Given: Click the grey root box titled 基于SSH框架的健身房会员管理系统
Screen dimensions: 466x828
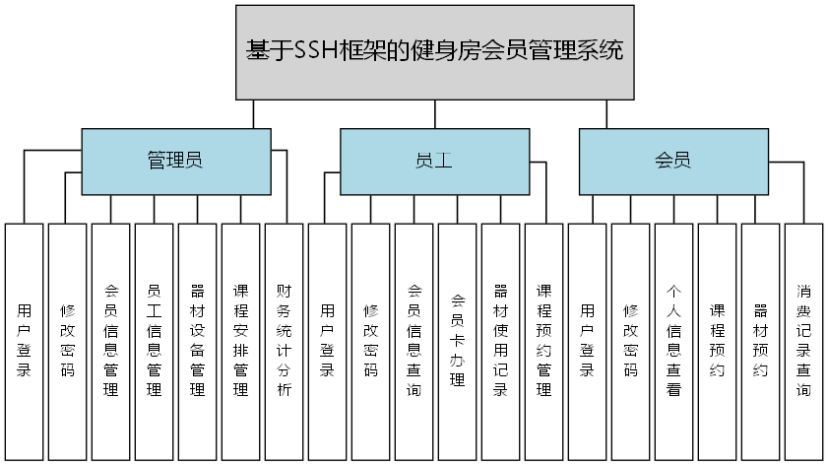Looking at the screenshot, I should [434, 52].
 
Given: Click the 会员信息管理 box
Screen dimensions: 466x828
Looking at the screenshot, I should [110, 341].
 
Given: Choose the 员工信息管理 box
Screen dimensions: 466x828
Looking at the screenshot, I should [154, 341].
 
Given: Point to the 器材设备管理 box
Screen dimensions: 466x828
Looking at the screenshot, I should [197, 341].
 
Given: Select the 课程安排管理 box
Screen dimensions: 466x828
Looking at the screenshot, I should [240, 341].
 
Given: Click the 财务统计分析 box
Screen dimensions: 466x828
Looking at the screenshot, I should [284, 341].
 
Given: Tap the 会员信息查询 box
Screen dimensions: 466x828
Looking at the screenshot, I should [414, 341].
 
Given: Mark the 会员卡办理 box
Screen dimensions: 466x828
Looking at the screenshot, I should [457, 341].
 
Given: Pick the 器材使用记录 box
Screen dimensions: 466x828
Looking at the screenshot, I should [500, 341].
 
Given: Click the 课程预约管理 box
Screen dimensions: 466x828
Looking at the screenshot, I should [543, 341].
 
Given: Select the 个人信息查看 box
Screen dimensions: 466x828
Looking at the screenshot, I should [673, 341].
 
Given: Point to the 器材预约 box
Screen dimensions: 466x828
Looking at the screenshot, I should [760, 341].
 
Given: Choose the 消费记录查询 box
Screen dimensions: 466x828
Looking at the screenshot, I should [803, 341].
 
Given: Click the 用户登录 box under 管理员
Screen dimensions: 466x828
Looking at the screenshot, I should [24, 341].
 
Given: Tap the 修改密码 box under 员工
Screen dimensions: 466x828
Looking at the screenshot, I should [370, 341].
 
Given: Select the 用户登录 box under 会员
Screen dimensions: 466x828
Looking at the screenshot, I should [587, 341].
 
